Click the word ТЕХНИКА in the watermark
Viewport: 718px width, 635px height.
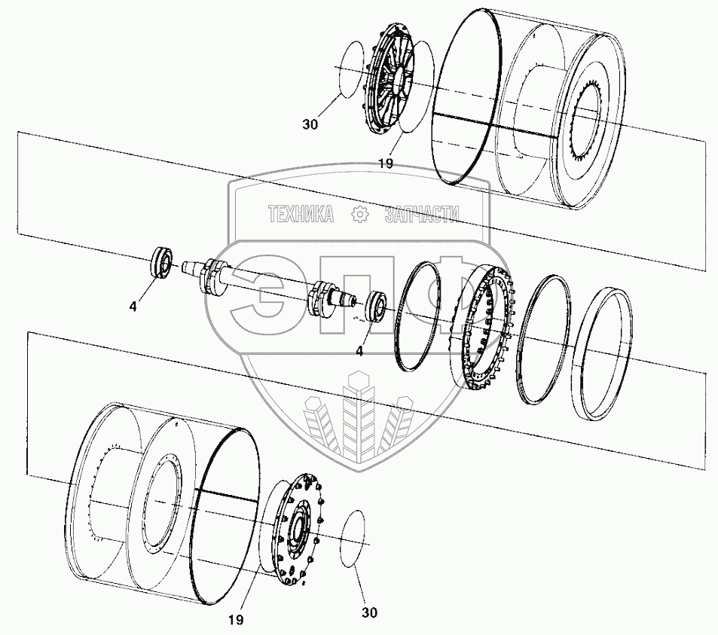click(301, 215)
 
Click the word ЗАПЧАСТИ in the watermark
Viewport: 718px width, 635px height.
click(421, 215)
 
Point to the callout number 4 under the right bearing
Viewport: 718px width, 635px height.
click(360, 350)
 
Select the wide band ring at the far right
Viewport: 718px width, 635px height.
click(600, 353)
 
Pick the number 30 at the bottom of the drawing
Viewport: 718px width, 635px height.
click(370, 612)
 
